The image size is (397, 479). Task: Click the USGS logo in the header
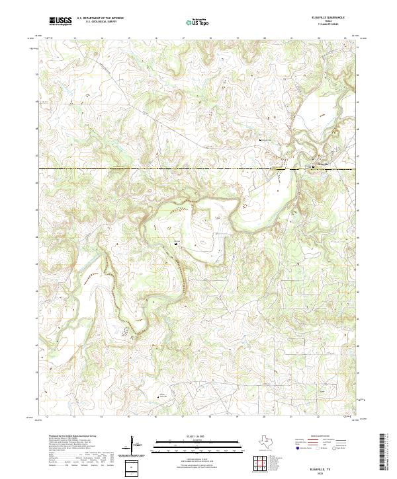click(60, 21)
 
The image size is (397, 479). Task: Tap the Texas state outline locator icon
click(272, 443)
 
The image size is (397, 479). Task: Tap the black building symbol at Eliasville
click(312, 167)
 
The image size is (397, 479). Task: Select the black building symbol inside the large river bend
click(175, 244)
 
